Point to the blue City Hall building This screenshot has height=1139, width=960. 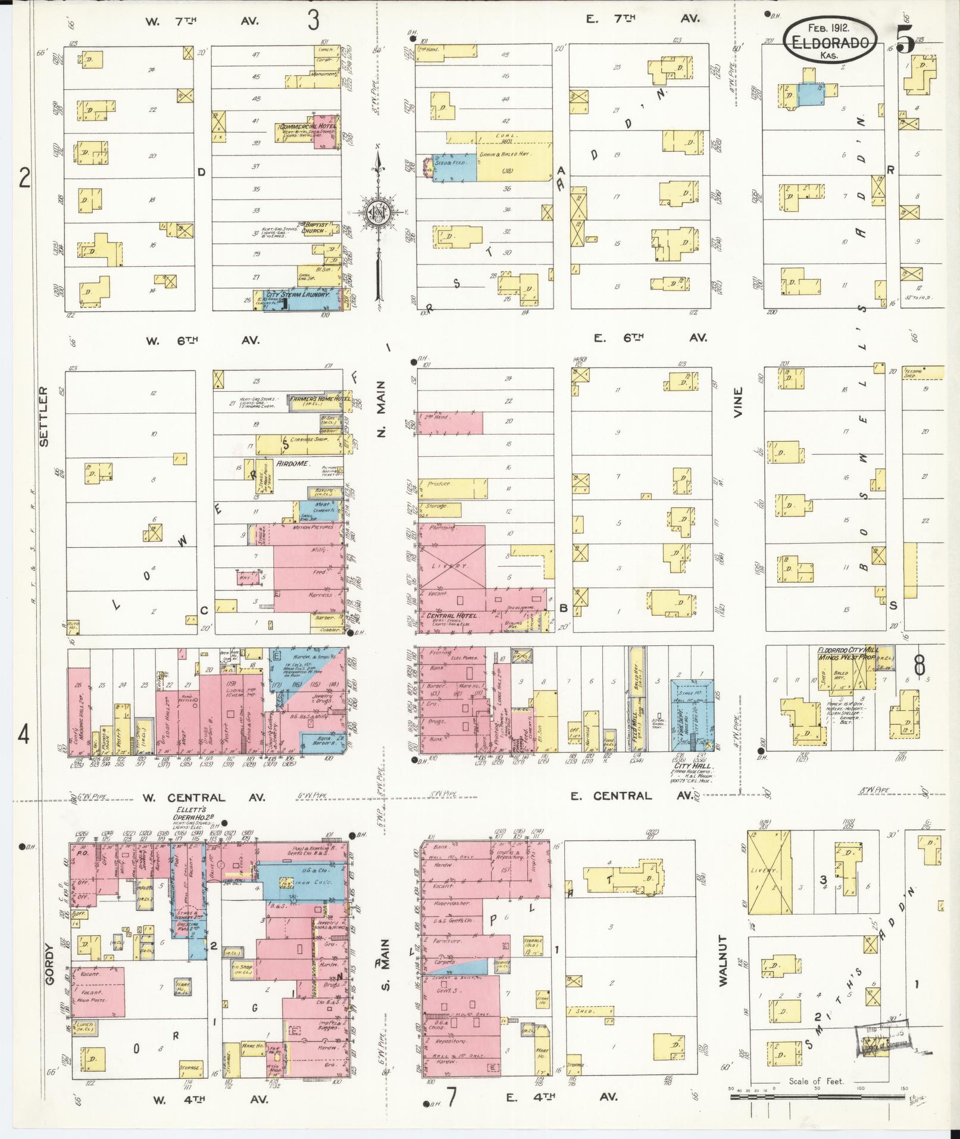692,714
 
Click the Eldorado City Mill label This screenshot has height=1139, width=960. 855,650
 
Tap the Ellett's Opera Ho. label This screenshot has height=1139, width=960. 192,813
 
